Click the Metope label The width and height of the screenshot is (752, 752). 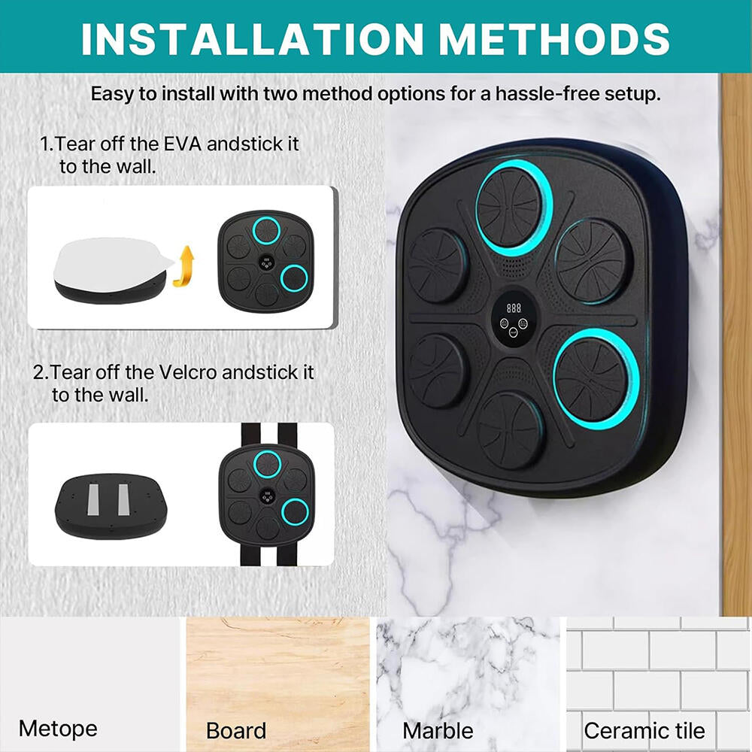58,728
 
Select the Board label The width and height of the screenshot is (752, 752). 236,730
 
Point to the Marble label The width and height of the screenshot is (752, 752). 438,730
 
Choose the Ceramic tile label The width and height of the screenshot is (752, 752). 644,730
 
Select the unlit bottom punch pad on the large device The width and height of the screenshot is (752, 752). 511,429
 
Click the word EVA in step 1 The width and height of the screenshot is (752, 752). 180,144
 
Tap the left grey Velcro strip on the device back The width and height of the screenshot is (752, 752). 96,500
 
